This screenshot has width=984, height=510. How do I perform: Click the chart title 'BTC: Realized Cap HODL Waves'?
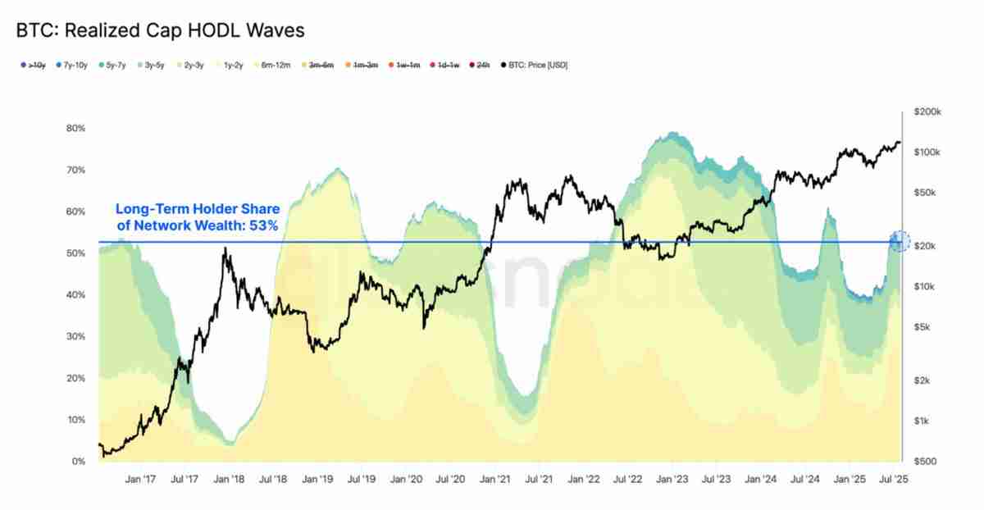point(160,31)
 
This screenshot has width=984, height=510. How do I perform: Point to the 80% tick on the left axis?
point(75,129)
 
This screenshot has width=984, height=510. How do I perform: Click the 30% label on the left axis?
point(75,336)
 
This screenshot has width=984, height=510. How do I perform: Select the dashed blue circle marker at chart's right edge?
point(900,241)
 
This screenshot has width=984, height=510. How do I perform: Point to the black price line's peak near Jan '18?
point(225,248)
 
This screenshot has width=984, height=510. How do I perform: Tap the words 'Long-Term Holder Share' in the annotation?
point(198,210)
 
